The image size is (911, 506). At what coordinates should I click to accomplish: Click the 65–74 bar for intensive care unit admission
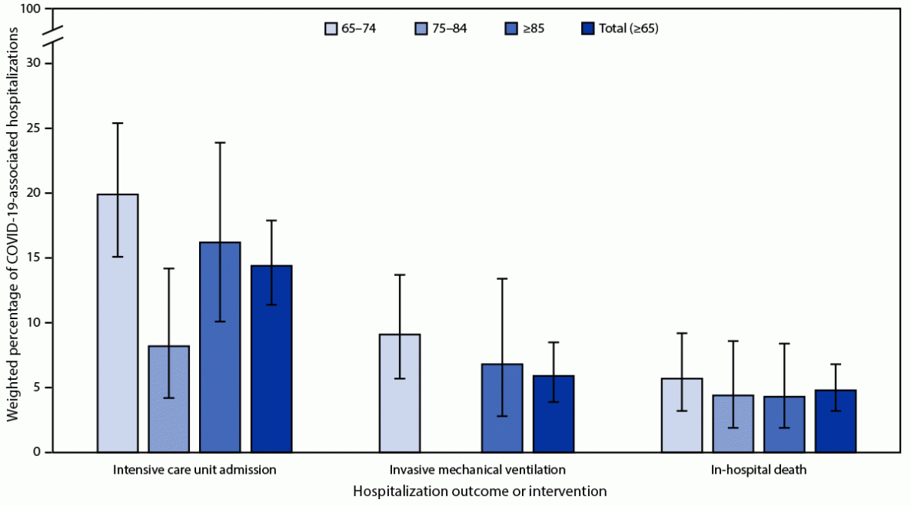[x=118, y=323]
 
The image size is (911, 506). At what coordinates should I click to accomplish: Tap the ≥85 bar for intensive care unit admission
[x=220, y=347]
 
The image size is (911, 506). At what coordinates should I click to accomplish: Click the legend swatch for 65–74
[x=331, y=29]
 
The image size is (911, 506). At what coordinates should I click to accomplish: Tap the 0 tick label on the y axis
[x=37, y=452]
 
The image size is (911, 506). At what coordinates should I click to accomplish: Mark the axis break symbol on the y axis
[x=52, y=36]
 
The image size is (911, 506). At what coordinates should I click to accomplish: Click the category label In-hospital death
[x=759, y=469]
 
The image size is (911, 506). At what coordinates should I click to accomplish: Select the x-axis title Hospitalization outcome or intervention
[x=480, y=490]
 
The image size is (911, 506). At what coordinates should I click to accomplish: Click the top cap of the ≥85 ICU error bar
[x=220, y=142]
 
